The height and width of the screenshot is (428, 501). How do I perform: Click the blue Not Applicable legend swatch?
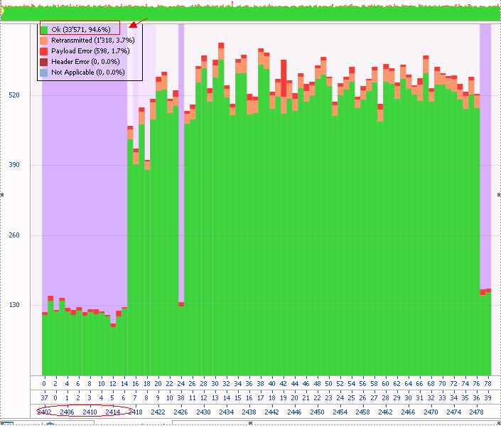pos(45,72)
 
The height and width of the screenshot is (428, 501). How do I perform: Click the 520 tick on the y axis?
pos(14,95)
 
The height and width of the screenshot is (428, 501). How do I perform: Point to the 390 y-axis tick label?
pos(14,165)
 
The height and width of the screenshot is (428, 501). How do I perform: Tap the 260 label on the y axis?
pos(14,235)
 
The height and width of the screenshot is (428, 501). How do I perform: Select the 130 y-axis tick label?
pos(14,305)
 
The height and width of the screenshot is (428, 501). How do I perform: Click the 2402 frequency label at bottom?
pos(44,412)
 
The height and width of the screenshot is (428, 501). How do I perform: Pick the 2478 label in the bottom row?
pos(476,412)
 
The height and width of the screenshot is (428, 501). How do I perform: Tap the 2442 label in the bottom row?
pos(271,412)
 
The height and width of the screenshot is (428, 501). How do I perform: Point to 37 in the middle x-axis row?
pos(44,397)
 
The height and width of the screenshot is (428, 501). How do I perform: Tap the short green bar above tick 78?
pos(488,334)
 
